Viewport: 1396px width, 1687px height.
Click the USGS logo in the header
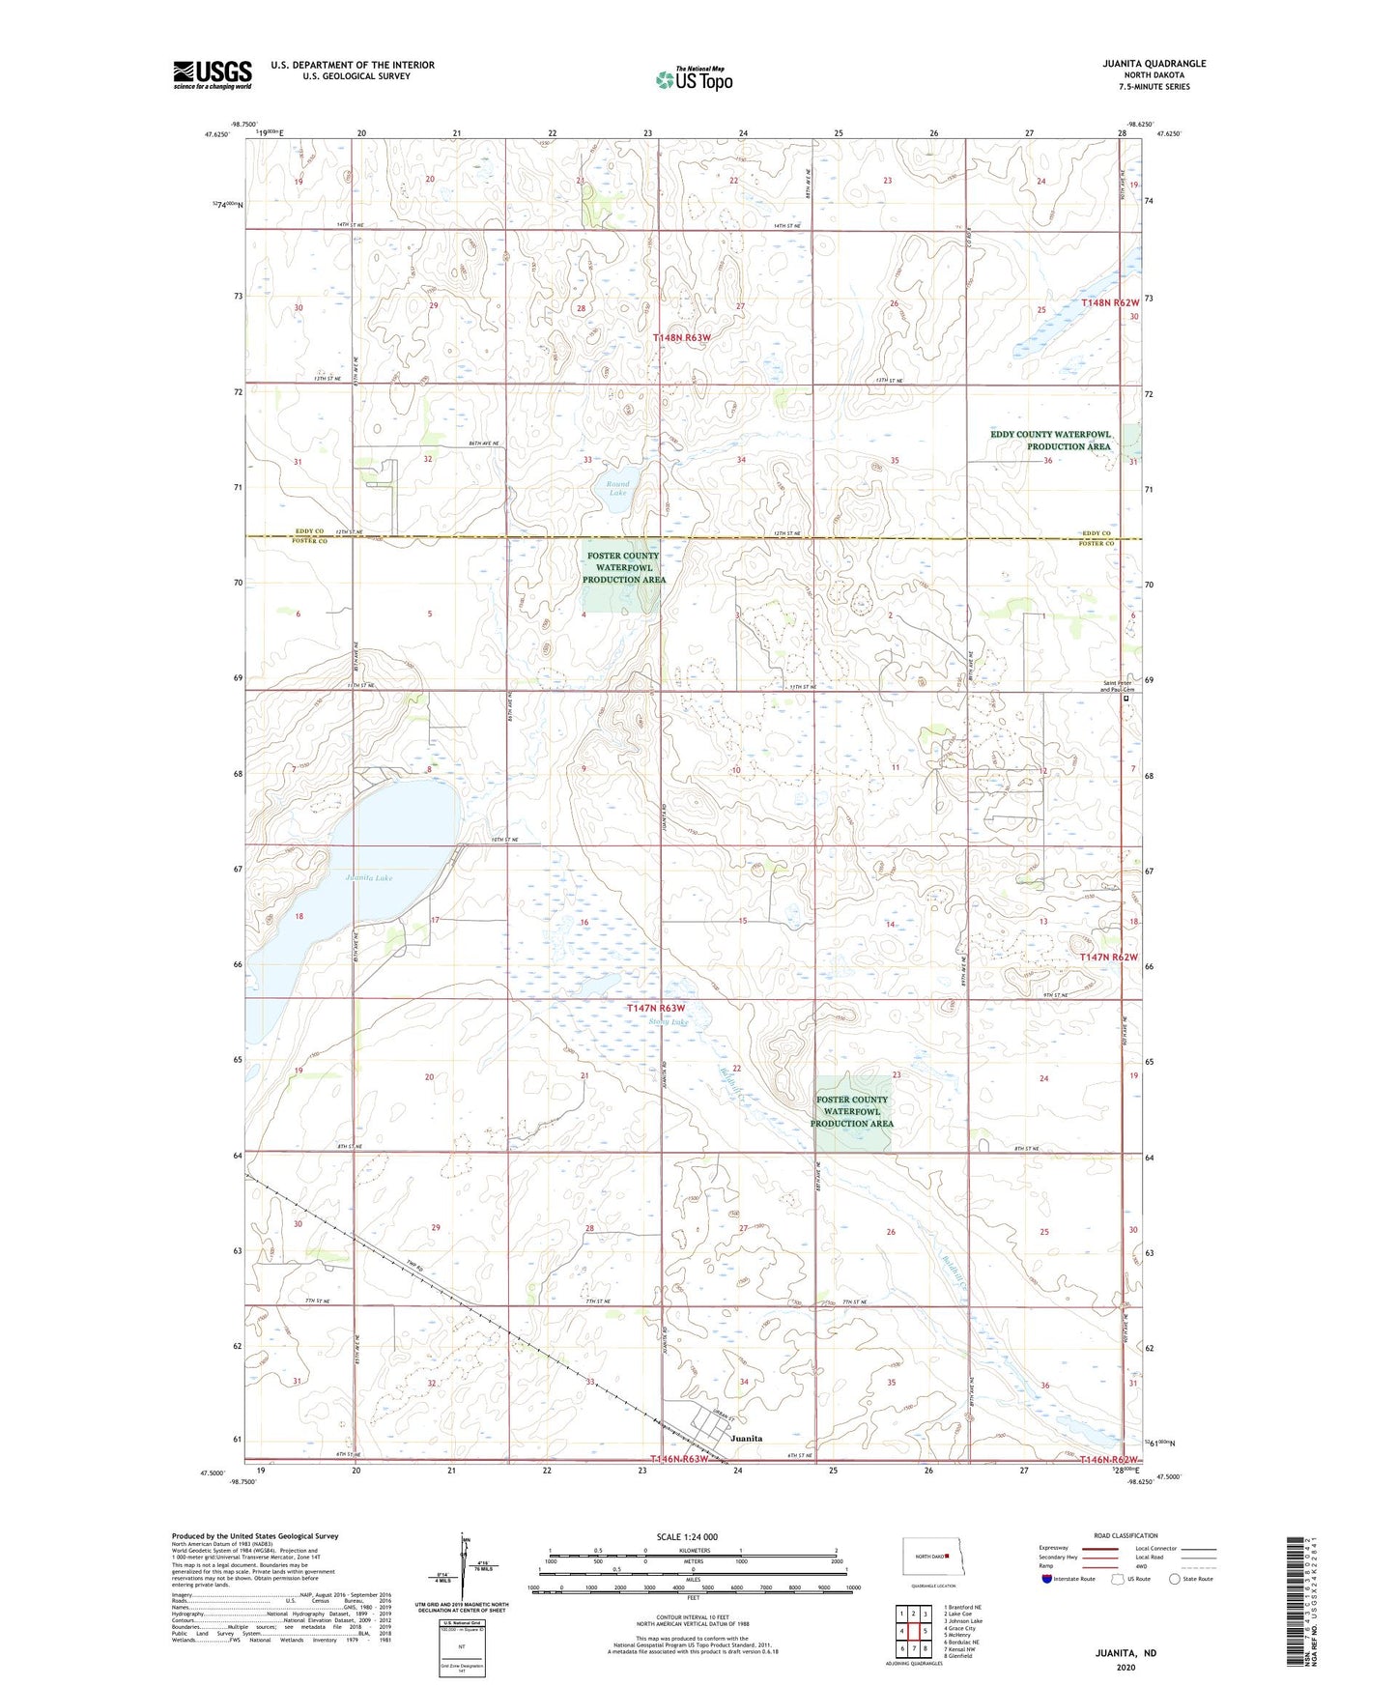pos(213,74)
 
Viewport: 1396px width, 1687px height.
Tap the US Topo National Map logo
pos(694,78)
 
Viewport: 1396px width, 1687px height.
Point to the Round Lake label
pos(617,489)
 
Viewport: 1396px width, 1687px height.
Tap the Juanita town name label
pos(746,1438)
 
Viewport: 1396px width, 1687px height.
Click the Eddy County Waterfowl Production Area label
pos(1050,441)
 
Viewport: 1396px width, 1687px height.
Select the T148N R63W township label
pos(682,338)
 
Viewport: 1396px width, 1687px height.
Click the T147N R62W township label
pos(1109,957)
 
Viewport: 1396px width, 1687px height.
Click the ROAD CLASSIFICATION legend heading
pos(1125,1535)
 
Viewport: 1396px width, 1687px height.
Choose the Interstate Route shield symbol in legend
pos(1047,1579)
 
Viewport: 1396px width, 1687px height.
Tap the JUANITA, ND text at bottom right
pos(1125,1653)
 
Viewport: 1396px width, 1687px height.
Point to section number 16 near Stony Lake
pos(584,923)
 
